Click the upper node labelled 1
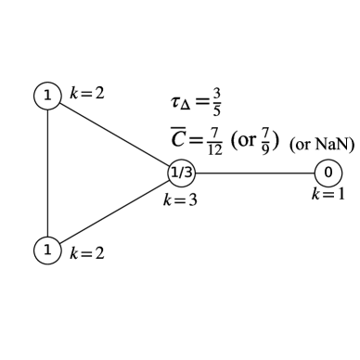coord(46,96)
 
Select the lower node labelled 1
coord(46,249)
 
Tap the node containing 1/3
coord(180,172)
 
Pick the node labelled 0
coord(328,172)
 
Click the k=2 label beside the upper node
coord(86,95)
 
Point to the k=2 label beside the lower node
coord(86,253)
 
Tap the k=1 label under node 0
coord(328,194)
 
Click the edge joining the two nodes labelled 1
coord(46,172)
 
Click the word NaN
coord(332,144)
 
